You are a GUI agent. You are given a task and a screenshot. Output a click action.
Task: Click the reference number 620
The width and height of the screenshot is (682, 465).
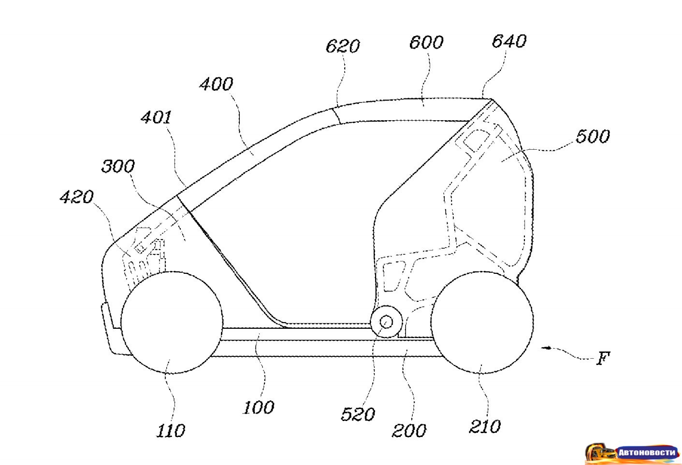(343, 46)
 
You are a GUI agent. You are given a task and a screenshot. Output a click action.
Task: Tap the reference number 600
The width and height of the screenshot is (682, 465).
(426, 42)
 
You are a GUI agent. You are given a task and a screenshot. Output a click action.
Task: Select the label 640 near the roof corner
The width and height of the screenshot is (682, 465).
(508, 41)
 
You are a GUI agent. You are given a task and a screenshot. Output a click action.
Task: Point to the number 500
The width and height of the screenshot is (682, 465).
(592, 136)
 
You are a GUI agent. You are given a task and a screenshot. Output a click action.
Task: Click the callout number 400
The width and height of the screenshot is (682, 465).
(216, 84)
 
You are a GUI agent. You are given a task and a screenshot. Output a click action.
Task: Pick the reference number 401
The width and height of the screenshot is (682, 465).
(156, 117)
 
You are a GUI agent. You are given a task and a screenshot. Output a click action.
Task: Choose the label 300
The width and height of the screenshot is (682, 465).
(118, 166)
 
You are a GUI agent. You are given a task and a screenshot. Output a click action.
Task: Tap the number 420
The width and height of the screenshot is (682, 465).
(76, 197)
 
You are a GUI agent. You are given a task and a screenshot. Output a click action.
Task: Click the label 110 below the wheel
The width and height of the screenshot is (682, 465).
(171, 430)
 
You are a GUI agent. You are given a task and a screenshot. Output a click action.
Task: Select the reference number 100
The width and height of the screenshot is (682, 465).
(258, 407)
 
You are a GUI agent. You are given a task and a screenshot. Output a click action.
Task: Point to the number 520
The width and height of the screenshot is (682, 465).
(358, 414)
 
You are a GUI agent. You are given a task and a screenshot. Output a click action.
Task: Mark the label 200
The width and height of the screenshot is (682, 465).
(409, 430)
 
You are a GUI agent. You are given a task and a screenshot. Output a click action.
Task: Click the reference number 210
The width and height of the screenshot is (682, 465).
(485, 426)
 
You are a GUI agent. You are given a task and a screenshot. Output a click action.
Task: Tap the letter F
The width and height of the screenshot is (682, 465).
(603, 358)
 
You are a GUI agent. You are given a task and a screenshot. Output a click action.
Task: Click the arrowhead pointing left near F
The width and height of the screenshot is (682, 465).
(546, 347)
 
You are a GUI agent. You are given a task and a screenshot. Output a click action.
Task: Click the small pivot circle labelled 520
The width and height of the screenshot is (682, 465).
(386, 321)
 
